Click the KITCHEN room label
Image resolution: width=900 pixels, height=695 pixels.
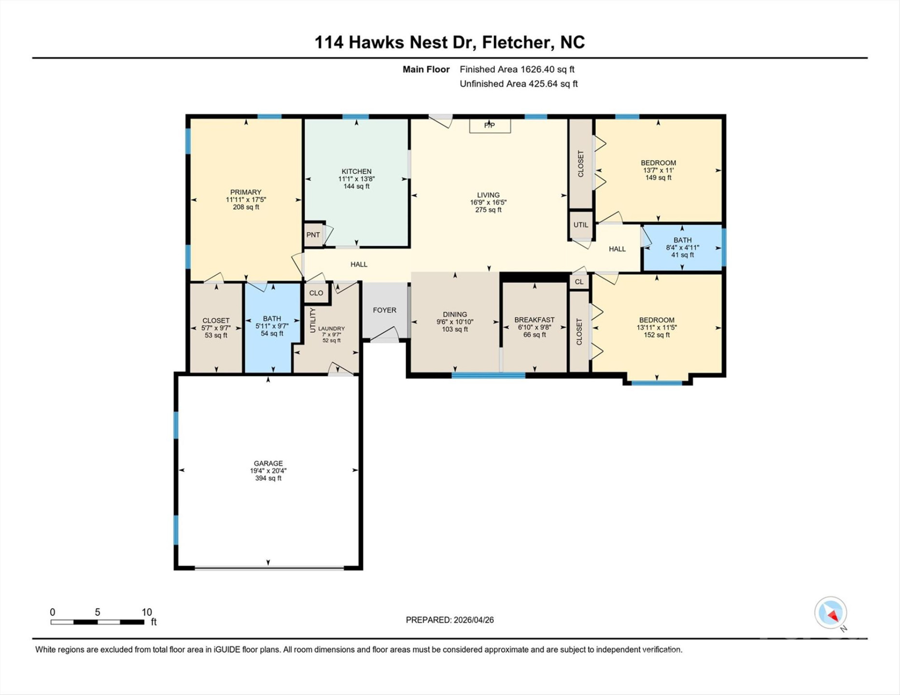click(356, 172)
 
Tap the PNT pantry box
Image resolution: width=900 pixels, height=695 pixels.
click(313, 235)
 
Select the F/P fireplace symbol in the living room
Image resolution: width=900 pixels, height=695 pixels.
click(490, 126)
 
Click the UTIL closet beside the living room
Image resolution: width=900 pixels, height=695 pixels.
click(580, 225)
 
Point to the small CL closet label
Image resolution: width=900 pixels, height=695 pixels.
click(579, 282)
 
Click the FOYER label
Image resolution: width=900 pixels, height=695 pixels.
click(384, 310)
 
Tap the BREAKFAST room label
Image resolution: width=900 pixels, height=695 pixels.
click(534, 320)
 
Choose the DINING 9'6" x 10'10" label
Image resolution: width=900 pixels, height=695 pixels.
click(455, 321)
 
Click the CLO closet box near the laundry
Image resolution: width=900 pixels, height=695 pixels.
click(316, 293)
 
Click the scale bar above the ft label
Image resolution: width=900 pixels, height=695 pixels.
click(98, 622)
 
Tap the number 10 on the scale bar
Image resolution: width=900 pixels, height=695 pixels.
click(146, 612)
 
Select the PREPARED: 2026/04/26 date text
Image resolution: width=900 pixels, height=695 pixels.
click(450, 620)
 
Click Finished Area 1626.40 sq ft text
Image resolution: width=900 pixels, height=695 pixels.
click(517, 69)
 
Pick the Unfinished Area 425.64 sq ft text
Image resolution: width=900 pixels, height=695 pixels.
click(518, 84)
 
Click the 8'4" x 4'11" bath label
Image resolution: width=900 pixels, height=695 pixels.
click(682, 248)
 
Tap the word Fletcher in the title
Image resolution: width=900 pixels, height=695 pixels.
click(516, 42)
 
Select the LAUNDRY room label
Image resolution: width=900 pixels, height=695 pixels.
click(331, 329)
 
